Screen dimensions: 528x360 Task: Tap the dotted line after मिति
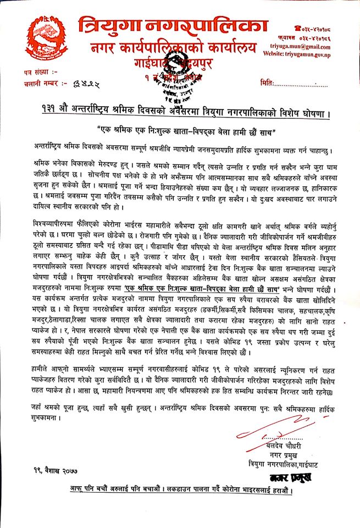click(x=302, y=83)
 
